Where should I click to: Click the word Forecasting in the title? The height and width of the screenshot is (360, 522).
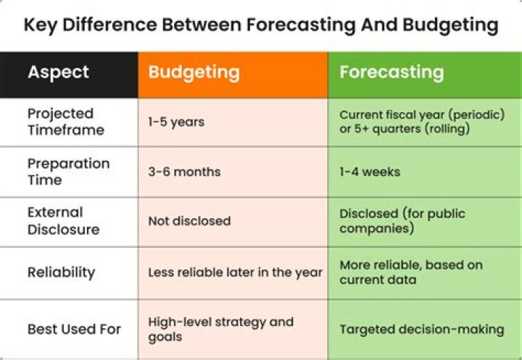coord(300,26)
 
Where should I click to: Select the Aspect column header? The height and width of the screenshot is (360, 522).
coord(59,72)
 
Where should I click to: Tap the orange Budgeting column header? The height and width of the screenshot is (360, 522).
coord(194,72)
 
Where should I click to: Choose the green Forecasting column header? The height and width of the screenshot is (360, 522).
coord(391,72)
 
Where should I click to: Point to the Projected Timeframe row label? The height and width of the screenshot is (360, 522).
coord(66,122)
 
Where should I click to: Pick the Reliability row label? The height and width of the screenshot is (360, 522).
coord(62,272)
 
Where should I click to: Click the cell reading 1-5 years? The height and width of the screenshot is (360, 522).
coord(176,122)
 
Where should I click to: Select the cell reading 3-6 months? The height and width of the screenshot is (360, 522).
coord(184,172)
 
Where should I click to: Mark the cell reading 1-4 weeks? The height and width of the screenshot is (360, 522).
coord(370,172)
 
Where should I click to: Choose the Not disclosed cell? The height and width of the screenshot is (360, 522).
coord(189,222)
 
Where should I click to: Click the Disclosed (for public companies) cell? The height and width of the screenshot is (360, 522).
coord(402,221)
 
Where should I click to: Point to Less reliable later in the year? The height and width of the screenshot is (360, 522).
coord(235,272)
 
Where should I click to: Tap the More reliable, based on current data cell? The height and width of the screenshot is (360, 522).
coord(410,272)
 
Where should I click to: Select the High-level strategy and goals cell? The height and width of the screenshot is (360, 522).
coord(220,329)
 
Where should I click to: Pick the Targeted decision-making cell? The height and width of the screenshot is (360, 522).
coord(421,329)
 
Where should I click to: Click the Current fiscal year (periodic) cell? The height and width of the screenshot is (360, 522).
coord(422,122)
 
